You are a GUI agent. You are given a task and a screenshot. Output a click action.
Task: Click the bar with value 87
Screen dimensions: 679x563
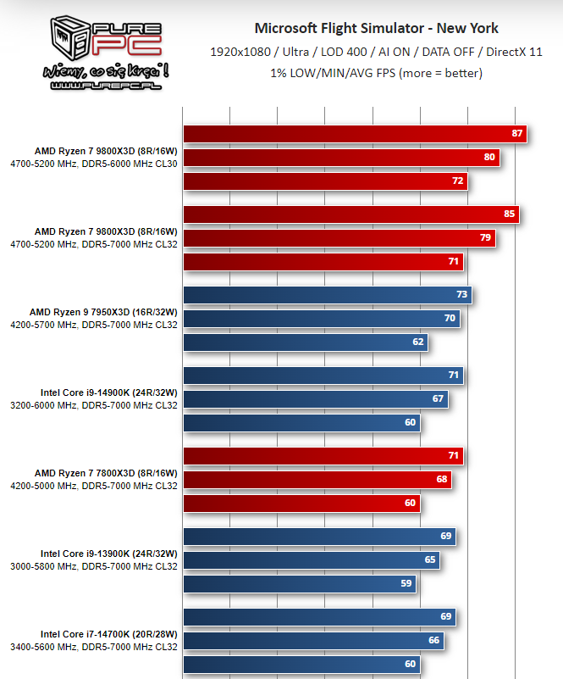coord(354,134)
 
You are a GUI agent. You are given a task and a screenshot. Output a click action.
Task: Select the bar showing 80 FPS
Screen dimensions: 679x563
coord(340,158)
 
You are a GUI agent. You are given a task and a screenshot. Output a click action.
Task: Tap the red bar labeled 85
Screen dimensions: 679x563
coord(350,214)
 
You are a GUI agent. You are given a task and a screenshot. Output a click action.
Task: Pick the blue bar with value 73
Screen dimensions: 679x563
coord(327,294)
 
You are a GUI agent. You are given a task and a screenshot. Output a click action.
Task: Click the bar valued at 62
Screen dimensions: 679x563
coord(305,342)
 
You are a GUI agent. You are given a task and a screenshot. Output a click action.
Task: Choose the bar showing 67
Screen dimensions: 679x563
coord(315,398)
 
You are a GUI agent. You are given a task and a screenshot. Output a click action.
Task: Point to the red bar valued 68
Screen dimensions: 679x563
coord(317,480)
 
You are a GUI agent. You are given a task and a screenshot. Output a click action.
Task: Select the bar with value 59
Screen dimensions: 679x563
coord(299,583)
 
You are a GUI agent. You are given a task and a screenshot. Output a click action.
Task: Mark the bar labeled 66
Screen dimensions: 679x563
coord(313,640)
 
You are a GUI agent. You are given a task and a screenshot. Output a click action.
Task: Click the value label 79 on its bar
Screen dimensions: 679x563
coord(485,238)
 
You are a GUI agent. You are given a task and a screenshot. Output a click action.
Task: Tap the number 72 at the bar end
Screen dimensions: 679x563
coord(458,181)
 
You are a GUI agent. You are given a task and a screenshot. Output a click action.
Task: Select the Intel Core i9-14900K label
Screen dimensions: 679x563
coord(109,392)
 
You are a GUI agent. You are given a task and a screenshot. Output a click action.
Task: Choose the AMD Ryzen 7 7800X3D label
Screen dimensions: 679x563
coord(106,472)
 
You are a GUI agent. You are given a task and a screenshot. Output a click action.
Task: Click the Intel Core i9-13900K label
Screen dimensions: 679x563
coord(109,553)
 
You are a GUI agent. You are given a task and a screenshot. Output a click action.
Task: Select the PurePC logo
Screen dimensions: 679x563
coord(108,52)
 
